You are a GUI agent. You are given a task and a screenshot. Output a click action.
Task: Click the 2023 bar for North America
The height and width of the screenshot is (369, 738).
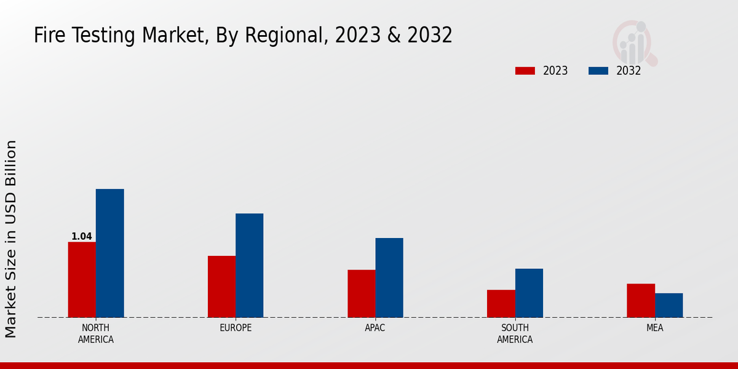(82, 280)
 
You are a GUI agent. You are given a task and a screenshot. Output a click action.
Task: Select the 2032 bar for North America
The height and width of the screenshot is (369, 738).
(109, 253)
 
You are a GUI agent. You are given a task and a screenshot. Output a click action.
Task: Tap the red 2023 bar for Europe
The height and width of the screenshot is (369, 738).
(221, 287)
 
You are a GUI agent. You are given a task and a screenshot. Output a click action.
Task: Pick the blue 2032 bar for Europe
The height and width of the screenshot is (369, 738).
(249, 266)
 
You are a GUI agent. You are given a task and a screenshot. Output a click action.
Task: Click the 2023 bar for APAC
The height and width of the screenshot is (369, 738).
(361, 293)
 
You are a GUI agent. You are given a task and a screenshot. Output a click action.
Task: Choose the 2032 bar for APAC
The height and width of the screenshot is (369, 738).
(389, 278)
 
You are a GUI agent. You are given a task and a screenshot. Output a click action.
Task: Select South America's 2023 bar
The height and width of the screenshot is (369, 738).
(501, 304)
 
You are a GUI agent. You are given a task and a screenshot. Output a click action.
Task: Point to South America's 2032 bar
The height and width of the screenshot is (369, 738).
(529, 293)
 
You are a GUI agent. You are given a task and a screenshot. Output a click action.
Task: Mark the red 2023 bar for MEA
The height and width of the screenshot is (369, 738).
(641, 301)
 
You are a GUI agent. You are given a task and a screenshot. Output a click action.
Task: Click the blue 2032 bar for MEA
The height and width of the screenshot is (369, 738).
(669, 305)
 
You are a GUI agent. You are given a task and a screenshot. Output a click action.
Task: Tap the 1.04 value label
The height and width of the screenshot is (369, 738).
(82, 236)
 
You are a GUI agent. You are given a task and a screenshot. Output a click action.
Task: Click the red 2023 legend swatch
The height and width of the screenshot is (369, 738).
(525, 71)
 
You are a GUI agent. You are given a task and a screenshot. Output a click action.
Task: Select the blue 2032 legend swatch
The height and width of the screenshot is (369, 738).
(598, 71)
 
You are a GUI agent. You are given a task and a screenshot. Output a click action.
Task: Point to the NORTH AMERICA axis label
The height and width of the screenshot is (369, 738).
(96, 333)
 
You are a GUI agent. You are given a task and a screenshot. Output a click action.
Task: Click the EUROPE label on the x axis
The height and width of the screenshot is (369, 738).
(236, 328)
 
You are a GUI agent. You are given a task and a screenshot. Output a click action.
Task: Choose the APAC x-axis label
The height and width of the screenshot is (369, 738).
(375, 328)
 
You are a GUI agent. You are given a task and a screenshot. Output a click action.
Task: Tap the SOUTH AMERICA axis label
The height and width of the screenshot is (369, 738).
(515, 333)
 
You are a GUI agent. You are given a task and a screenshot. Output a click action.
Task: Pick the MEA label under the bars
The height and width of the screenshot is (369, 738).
(654, 328)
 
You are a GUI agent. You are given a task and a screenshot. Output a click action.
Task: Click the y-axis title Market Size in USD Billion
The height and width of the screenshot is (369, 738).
(11, 239)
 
